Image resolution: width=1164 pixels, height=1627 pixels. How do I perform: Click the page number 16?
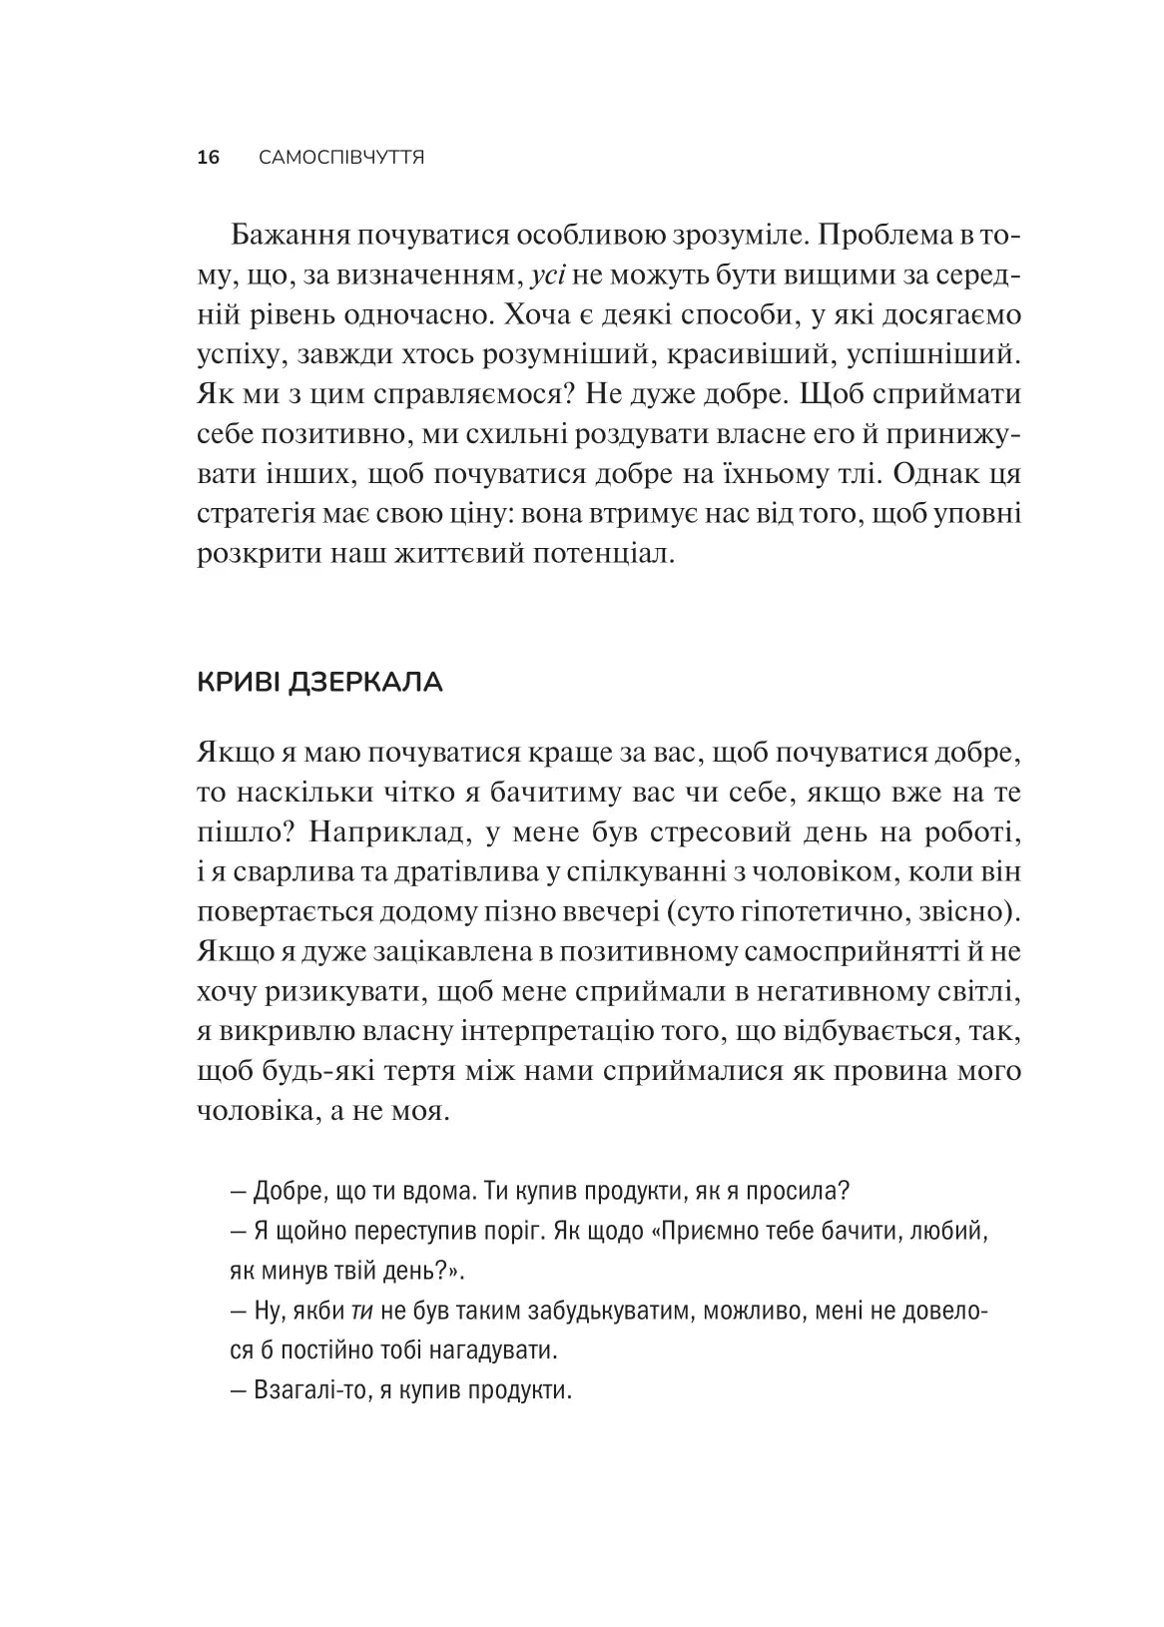click(x=208, y=158)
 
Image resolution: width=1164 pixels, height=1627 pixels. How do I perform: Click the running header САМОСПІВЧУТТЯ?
click(x=340, y=158)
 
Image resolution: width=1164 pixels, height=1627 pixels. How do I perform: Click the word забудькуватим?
click(x=574, y=1311)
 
